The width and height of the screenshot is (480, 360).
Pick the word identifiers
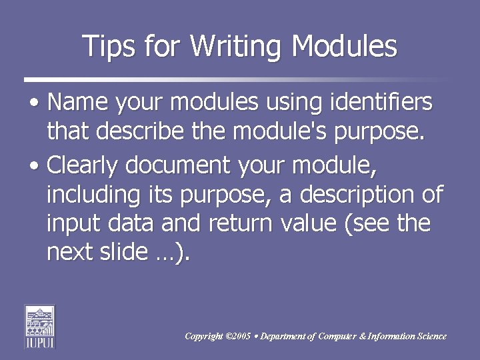click(379, 103)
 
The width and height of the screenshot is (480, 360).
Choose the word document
click(193, 163)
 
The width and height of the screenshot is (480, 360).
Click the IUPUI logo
click(40, 327)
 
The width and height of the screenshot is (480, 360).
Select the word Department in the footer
click(283, 336)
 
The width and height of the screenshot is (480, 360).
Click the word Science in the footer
click(430, 336)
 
